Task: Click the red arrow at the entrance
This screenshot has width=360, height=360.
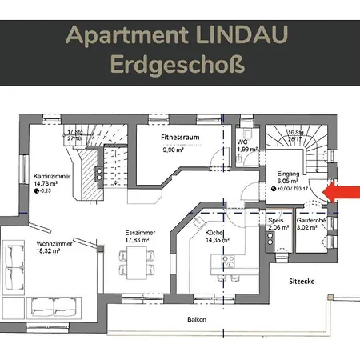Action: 342,192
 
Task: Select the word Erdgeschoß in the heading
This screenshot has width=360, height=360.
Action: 179,63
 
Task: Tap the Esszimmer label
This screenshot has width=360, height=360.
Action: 140,232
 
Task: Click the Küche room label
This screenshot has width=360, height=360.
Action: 214,232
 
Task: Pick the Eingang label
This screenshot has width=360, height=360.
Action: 286,173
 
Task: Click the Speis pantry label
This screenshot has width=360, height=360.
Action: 276,220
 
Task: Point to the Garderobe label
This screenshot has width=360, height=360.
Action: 309,220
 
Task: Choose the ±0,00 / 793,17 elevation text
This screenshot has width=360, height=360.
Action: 291,189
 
